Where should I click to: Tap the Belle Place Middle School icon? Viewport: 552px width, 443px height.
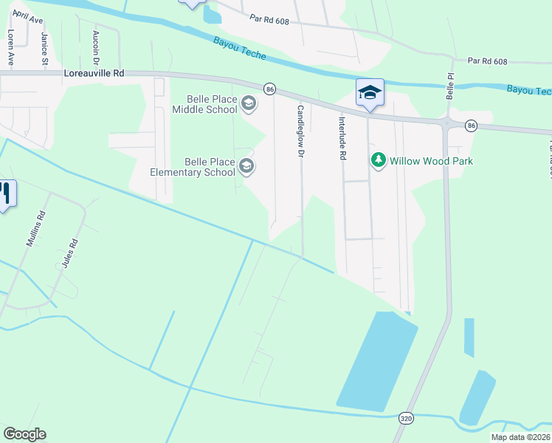click(x=249, y=103)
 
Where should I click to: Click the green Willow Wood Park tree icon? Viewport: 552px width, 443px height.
click(x=379, y=160)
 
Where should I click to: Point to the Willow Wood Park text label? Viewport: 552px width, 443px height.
click(x=431, y=161)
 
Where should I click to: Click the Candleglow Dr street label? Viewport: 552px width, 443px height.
click(x=300, y=130)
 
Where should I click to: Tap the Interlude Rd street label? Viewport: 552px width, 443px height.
click(x=342, y=138)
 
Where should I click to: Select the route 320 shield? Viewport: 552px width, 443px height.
click(x=406, y=418)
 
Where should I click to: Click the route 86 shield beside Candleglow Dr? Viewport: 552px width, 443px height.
click(x=269, y=89)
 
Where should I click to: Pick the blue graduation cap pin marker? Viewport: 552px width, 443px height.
click(x=370, y=93)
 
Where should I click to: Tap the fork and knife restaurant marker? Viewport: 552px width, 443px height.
click(x=4, y=194)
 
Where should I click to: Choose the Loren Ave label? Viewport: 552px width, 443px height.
click(x=11, y=48)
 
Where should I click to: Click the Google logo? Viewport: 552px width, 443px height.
click(x=24, y=434)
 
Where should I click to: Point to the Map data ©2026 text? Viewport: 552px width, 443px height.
click(x=521, y=437)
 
